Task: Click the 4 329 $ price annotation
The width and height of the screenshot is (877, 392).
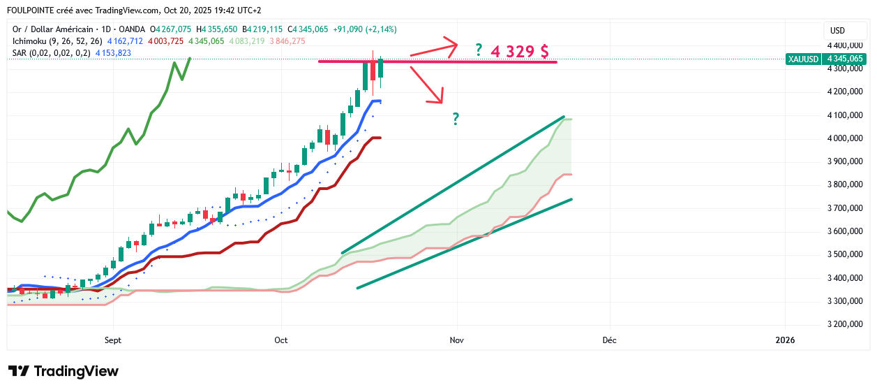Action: (519, 52)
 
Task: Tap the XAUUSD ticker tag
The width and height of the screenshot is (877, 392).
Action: (802, 59)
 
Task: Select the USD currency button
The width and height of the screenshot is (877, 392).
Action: (837, 31)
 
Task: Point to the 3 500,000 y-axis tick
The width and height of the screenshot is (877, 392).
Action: (845, 254)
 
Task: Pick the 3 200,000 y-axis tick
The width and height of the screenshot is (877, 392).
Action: (845, 324)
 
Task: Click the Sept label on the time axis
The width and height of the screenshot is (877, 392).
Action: (112, 340)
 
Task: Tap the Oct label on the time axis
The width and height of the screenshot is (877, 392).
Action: (281, 340)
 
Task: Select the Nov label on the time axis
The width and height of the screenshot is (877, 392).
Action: (457, 340)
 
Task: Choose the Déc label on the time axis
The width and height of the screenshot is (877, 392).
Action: (608, 340)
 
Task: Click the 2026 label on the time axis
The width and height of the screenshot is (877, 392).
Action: (785, 340)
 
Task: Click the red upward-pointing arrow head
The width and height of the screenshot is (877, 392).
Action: (452, 46)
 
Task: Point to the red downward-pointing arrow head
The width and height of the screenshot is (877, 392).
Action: (439, 99)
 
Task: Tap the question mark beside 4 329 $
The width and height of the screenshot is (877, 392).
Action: (479, 50)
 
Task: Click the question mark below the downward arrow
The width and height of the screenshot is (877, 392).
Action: (456, 119)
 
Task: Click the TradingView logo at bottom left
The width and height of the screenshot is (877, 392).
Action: (63, 371)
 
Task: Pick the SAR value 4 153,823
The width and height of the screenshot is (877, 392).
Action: (113, 53)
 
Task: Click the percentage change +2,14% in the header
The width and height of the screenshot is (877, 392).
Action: (384, 29)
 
